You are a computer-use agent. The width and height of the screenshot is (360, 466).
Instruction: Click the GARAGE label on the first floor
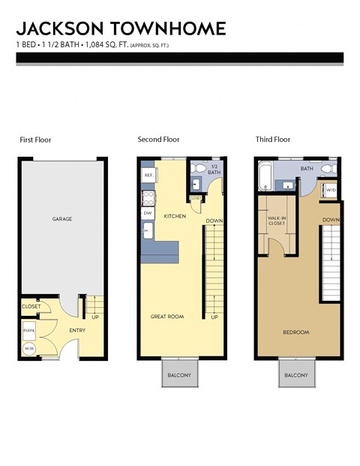click(61, 219)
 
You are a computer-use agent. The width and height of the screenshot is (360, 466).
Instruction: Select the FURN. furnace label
click(29, 329)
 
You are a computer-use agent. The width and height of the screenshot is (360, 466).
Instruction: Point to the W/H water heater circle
click(29, 348)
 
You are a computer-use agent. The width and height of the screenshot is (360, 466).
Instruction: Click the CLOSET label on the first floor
click(31, 306)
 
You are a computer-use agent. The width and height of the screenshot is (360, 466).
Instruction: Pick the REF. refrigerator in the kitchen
click(148, 175)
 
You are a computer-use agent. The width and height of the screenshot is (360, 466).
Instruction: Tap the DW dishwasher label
click(148, 213)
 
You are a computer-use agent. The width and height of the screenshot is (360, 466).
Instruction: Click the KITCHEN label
click(175, 215)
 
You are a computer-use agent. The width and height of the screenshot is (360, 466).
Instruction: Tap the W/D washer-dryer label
click(331, 190)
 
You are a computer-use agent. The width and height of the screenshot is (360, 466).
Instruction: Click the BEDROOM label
click(296, 332)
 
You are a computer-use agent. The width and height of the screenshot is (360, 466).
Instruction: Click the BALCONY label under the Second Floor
click(179, 375)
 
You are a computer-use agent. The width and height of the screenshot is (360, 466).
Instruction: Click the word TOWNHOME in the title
click(166, 29)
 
